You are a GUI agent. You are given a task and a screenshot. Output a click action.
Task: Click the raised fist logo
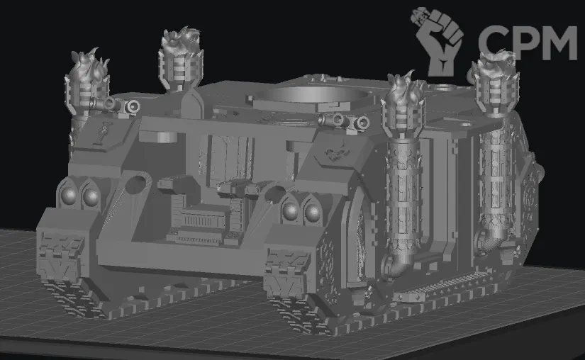coord(438,41)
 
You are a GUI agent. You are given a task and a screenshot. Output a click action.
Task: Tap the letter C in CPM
coord(491,43)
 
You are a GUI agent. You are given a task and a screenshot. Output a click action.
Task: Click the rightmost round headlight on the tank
coord(313,213)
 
